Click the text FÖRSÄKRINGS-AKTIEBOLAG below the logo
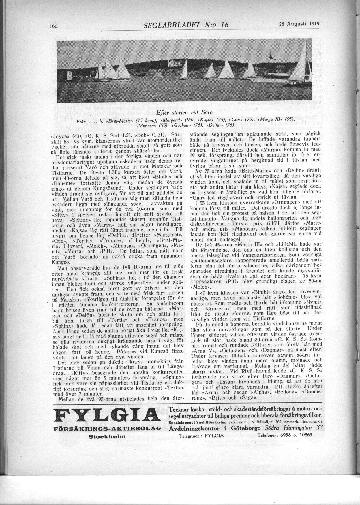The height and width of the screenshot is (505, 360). (107, 429)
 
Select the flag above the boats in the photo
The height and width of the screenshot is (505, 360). (271, 54)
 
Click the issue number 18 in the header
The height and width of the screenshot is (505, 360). (224, 25)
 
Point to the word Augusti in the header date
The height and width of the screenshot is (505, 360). (297, 24)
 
